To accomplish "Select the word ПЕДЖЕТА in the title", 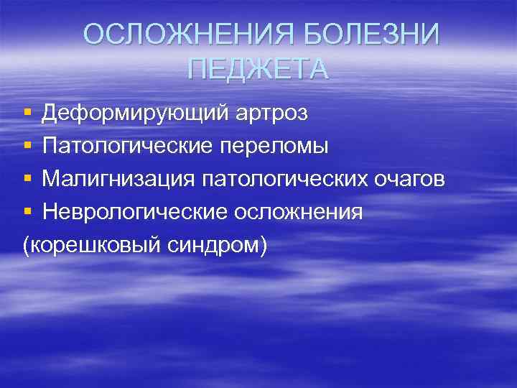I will [x=258, y=69].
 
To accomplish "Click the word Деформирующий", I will [x=135, y=113].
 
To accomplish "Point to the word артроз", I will [x=272, y=113].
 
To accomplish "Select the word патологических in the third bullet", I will [x=276, y=179].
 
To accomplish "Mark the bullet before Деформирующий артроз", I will [x=27, y=114].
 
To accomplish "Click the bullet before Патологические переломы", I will [x=27, y=147].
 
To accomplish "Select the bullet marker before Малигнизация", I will [x=27, y=180].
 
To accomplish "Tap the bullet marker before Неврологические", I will [x=27, y=213].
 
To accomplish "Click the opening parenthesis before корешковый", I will [x=27, y=246].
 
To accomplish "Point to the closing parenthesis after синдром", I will [x=264, y=246].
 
